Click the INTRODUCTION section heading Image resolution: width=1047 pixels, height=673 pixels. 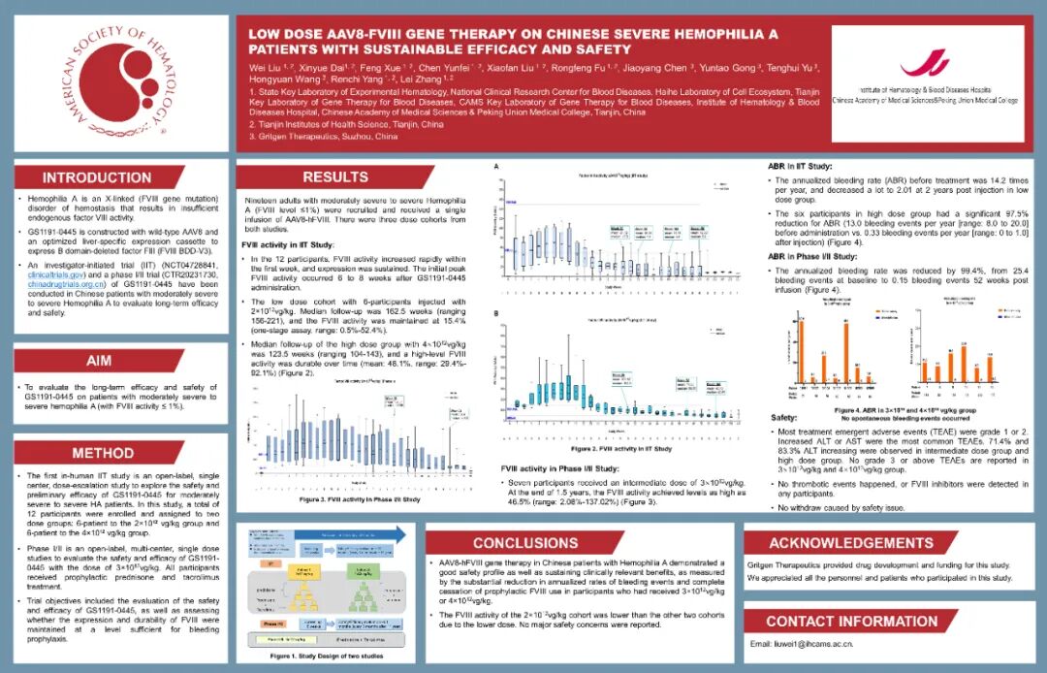[97, 177]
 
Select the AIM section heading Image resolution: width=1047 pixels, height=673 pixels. [99, 361]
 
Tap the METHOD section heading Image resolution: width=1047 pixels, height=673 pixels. [103, 453]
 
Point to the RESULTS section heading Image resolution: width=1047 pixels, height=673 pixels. [334, 177]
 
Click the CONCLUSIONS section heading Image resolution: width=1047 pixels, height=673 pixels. [524, 543]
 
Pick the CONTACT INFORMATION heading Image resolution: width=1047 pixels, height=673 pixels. [851, 621]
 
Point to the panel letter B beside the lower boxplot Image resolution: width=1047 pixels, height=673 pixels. [497, 314]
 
